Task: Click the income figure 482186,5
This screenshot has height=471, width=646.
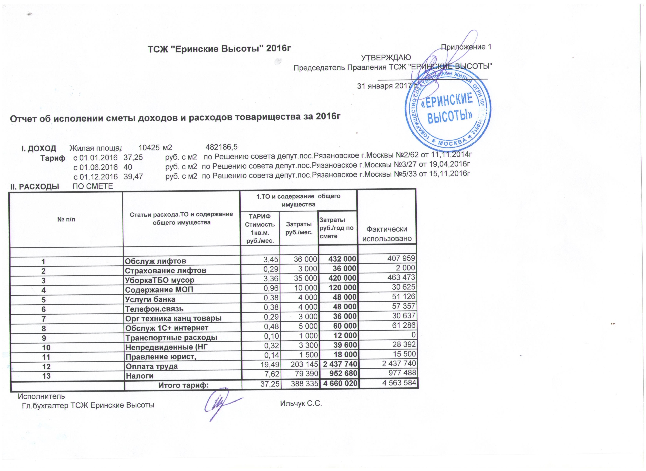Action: click(x=221, y=147)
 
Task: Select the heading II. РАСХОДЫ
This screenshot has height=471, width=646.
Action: click(x=35, y=187)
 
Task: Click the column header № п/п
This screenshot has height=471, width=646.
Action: click(x=66, y=220)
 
